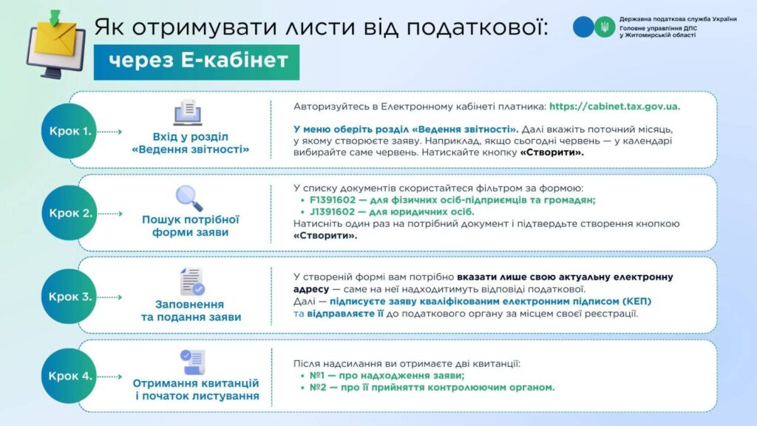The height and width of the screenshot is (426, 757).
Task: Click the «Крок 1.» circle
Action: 69,131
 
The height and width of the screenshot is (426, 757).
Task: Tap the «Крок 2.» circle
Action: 69,213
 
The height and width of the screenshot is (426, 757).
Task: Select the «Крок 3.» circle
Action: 69,297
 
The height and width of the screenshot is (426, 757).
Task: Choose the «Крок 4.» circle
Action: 69,376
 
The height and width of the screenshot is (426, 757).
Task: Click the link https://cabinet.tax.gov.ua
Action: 614,106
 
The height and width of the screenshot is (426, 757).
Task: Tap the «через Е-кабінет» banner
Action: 197,62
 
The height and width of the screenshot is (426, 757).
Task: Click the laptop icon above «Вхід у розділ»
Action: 189,112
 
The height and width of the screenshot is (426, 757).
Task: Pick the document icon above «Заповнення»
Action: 191,282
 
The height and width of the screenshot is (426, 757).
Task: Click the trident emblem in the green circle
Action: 605,27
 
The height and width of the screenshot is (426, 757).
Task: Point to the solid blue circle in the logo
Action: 583,27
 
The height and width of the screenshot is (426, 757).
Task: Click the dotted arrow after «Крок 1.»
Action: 109,132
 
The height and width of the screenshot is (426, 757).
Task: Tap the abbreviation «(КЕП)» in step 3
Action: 637,302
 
